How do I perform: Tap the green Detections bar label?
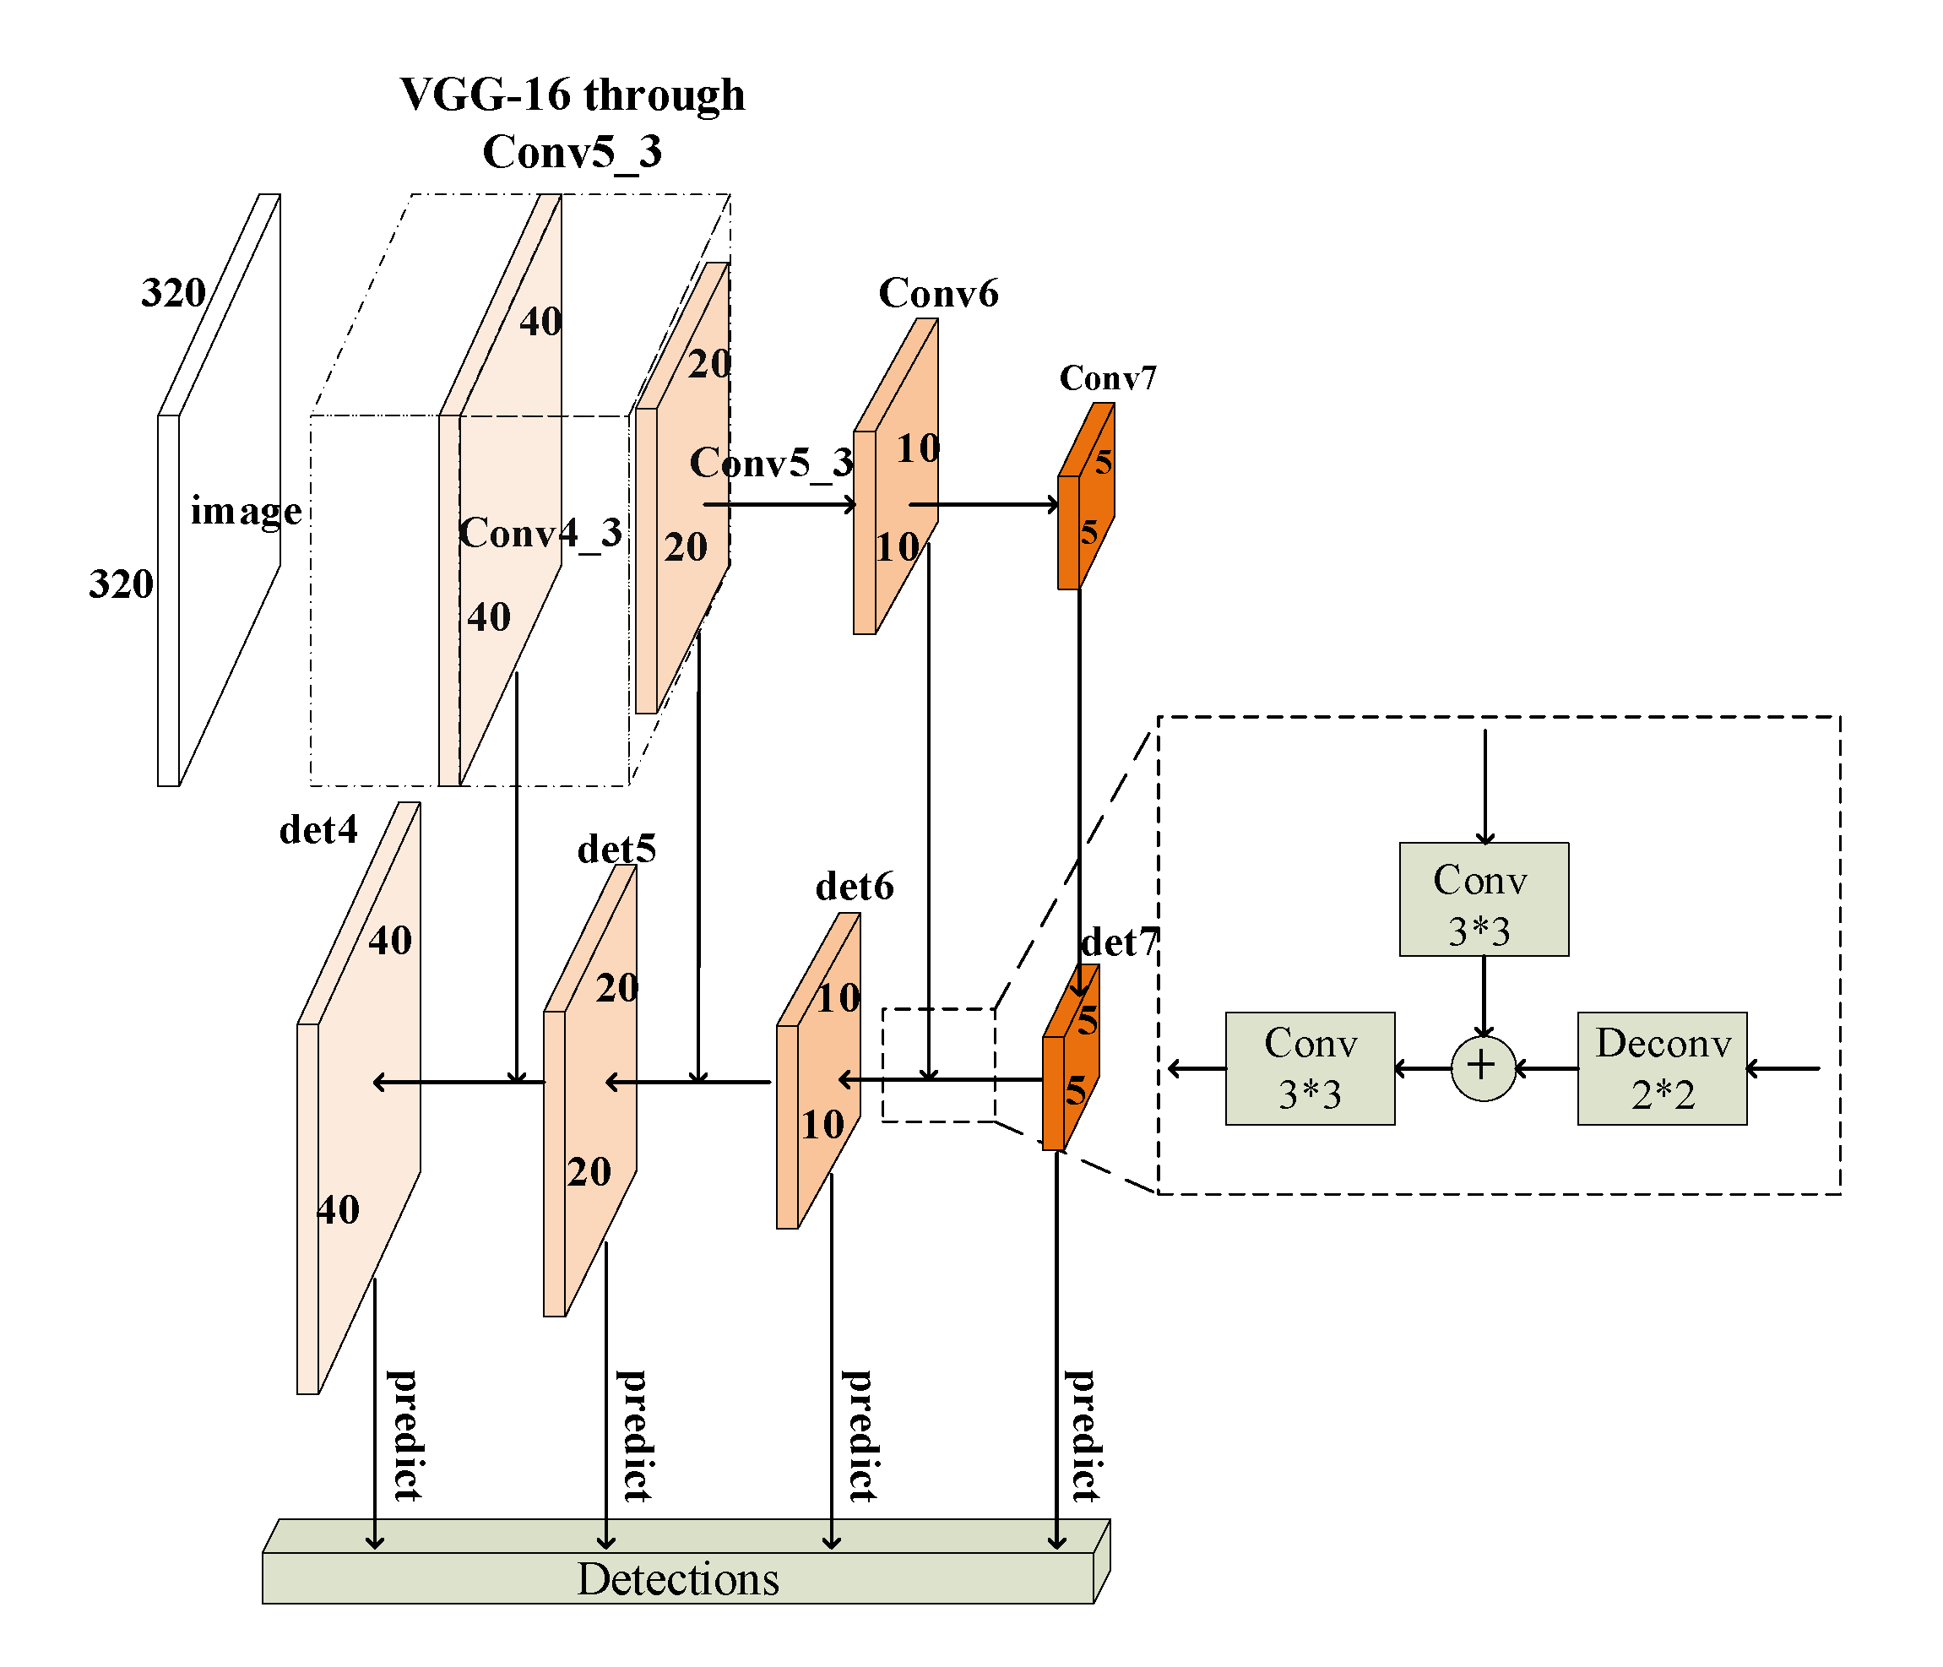tap(677, 1579)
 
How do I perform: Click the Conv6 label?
tap(938, 294)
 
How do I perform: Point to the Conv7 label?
tap(1108, 377)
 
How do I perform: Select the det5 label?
tap(616, 850)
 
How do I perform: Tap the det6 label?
tap(855, 886)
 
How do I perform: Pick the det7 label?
tap(1120, 942)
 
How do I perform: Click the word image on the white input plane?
tap(246, 511)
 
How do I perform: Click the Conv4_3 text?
tap(540, 534)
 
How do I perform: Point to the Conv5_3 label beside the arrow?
tap(771, 462)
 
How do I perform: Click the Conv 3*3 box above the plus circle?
tap(1483, 899)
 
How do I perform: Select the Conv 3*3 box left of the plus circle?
tap(1309, 1068)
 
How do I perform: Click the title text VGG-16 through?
tap(572, 94)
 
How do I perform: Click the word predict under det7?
tap(1083, 1435)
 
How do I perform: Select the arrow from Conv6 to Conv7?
tap(985, 504)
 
